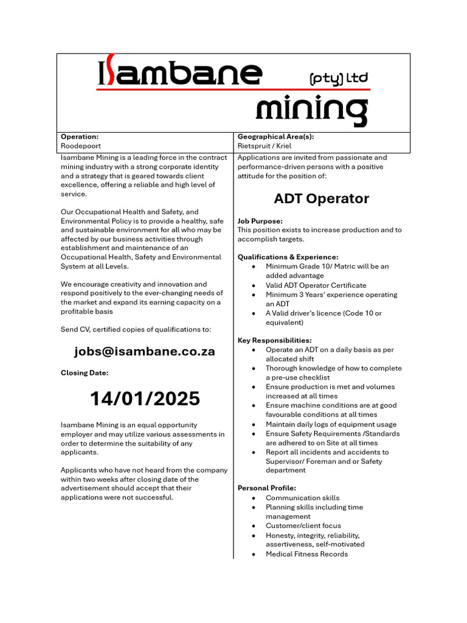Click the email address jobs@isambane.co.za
pos(145,352)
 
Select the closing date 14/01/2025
pos(145,399)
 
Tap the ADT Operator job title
pos(321,199)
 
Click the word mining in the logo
pos(311,110)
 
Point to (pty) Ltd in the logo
pos(339,78)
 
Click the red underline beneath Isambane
pos(233,89)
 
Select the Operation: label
pos(80,137)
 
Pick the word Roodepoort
pos(81,146)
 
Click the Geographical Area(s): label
pos(275,137)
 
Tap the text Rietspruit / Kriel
pos(265,146)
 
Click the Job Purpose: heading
pos(260,221)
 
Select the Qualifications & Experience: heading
pos(288,257)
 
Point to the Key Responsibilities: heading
pos(274,341)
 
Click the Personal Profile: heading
pos(266,488)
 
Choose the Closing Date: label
pos(85,373)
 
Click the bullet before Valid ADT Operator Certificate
pos(253,285)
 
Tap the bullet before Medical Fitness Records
pos(253,554)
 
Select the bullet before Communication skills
pos(253,498)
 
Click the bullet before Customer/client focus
pos(253,526)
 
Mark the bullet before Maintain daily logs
pos(253,425)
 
